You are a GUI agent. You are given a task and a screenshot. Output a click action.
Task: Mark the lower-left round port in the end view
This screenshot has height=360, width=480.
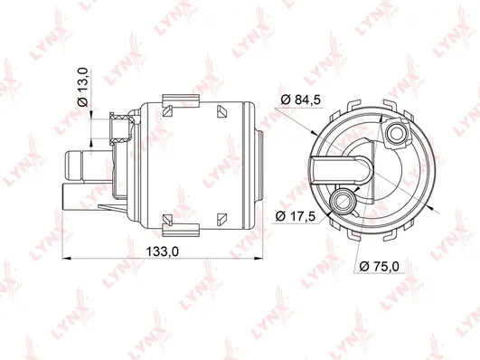342,200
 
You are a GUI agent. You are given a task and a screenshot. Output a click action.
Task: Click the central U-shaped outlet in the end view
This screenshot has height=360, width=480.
355,168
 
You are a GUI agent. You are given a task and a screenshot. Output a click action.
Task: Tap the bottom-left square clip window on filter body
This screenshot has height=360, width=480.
167,220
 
